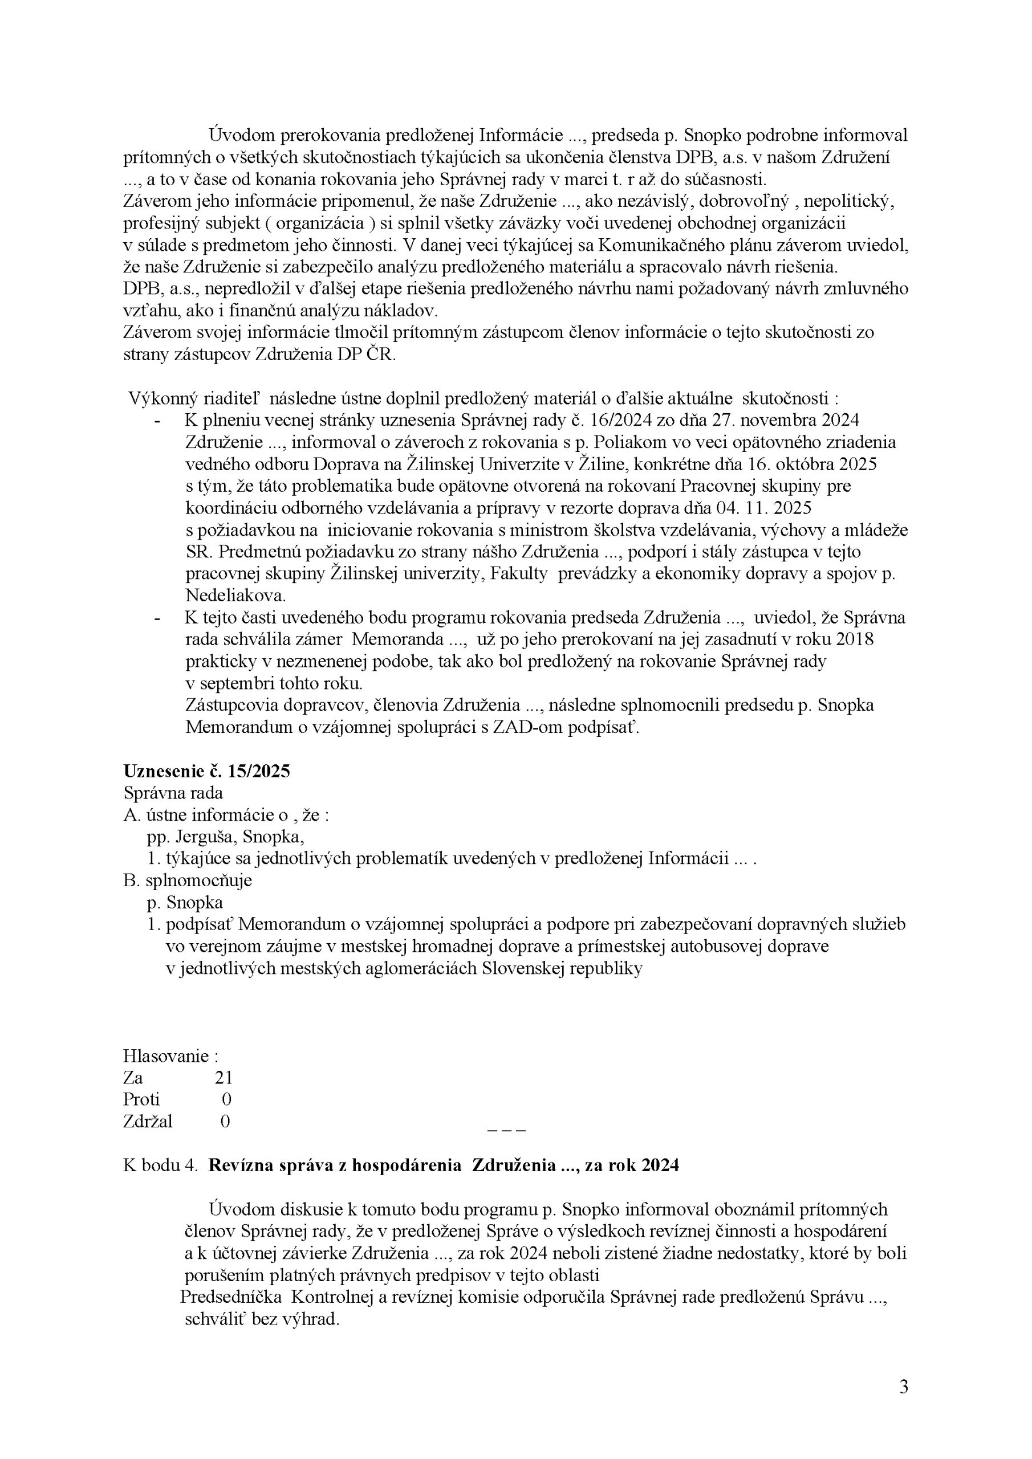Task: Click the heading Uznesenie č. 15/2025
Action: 206,772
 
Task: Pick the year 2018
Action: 855,639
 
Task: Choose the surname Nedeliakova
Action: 235,596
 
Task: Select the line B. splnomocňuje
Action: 188,880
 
